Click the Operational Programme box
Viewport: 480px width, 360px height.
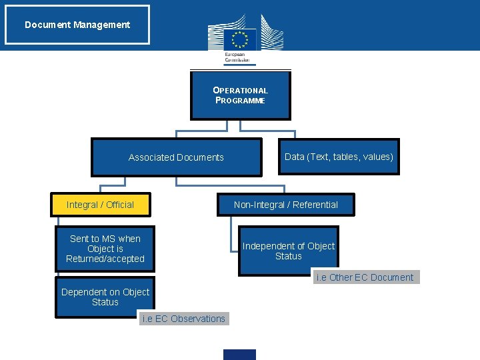240,95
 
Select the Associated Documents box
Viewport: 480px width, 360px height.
176,157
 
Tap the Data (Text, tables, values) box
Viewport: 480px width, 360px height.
339,157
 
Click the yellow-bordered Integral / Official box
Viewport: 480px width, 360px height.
101,205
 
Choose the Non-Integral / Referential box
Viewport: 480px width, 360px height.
285,205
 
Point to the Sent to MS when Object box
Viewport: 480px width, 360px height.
105,249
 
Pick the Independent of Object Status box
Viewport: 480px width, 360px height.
289,251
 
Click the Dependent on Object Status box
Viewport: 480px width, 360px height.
105,297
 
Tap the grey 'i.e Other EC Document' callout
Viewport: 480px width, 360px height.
365,277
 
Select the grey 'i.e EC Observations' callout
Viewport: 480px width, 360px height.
183,319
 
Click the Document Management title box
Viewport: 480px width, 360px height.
77,25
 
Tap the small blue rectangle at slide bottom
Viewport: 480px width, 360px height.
239,355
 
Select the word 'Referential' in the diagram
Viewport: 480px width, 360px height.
315,205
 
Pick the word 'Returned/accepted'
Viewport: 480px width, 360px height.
105,259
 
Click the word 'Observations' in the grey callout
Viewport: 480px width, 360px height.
198,319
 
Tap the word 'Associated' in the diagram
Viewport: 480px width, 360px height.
151,157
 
